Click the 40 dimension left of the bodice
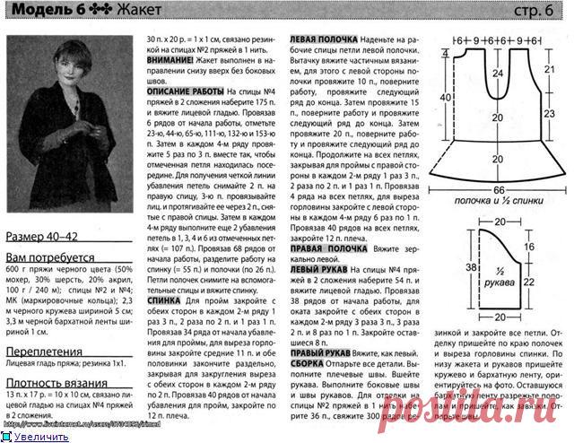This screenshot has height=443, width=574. (444, 99)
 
